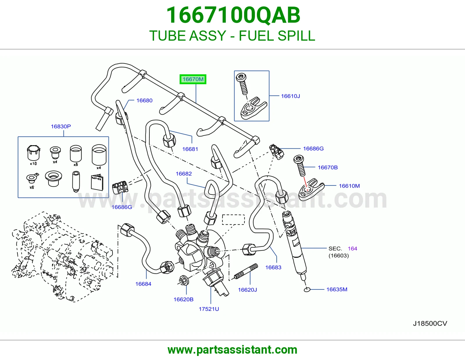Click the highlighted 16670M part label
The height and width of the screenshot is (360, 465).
(x=193, y=79)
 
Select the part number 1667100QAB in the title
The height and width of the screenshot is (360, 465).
(x=233, y=15)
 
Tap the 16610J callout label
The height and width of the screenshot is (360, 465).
(x=290, y=96)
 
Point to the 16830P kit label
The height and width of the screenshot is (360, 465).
(x=61, y=126)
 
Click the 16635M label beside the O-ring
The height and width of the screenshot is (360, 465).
(x=337, y=289)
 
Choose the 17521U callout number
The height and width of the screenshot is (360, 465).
(x=209, y=309)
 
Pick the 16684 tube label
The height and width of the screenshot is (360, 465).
(x=143, y=284)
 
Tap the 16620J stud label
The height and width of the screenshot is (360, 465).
(x=247, y=290)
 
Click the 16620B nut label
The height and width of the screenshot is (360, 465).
(x=183, y=299)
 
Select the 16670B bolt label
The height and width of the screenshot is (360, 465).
(x=328, y=168)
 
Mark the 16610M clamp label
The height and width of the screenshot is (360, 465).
(x=349, y=186)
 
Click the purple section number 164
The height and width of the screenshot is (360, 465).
(x=353, y=249)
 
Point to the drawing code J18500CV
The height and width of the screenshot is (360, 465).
(x=430, y=323)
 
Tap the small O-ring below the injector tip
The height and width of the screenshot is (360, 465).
(x=307, y=290)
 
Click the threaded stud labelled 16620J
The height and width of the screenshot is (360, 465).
(x=246, y=271)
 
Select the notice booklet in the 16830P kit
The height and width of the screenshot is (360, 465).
(x=97, y=182)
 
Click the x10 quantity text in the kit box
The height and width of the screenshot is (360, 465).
(x=33, y=163)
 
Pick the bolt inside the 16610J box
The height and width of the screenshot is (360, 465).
(x=242, y=84)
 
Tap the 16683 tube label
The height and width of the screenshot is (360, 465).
(x=273, y=267)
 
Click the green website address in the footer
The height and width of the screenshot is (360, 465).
(x=233, y=350)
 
